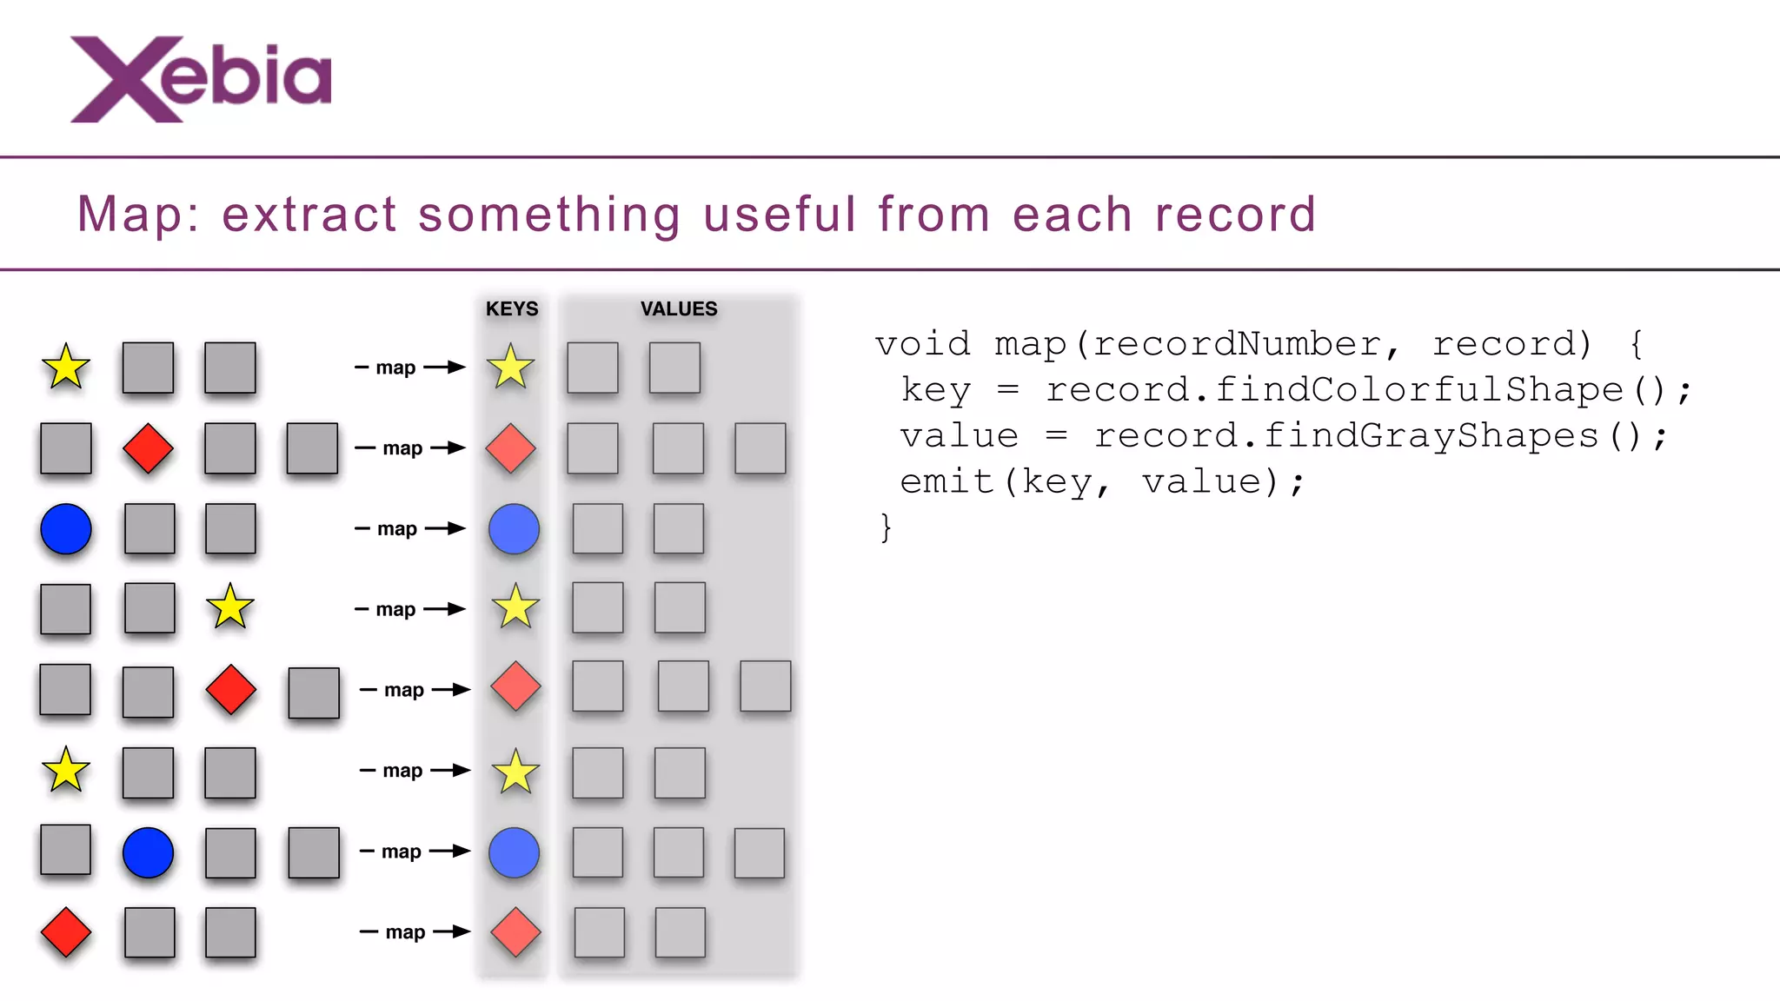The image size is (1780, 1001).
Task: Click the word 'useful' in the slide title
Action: (780, 214)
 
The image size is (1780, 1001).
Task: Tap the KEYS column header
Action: (512, 309)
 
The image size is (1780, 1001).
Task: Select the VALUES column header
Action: (679, 309)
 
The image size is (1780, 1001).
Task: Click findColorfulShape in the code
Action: (1418, 389)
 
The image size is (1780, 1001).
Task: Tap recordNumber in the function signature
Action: (1236, 344)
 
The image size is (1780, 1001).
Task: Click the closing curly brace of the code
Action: (886, 527)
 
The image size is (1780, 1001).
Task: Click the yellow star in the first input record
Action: (66, 368)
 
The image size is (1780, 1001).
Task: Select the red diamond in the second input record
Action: (148, 448)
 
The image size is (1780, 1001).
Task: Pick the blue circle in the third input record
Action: (66, 528)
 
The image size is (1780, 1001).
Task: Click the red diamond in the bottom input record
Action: (66, 932)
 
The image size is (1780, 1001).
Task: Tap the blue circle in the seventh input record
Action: (148, 852)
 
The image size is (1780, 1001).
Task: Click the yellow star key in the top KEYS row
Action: (511, 368)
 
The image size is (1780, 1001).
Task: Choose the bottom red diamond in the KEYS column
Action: (515, 932)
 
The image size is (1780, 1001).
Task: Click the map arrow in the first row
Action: (410, 368)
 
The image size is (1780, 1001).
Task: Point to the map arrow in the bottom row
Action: (415, 932)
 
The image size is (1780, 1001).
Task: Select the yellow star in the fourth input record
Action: (230, 607)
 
